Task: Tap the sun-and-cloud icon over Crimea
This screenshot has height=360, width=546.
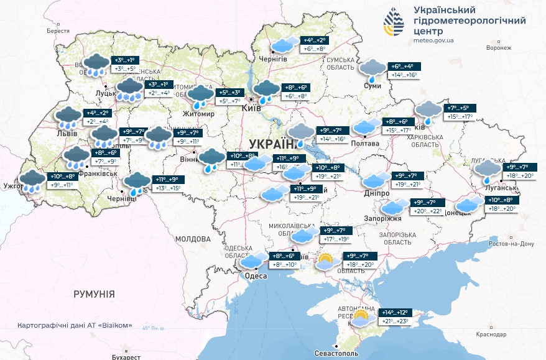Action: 361,318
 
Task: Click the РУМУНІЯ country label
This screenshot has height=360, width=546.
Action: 94,293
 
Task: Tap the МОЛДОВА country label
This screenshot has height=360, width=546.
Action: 193,239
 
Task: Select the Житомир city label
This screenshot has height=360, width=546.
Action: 198,114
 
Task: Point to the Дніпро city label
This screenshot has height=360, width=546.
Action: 377,193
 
